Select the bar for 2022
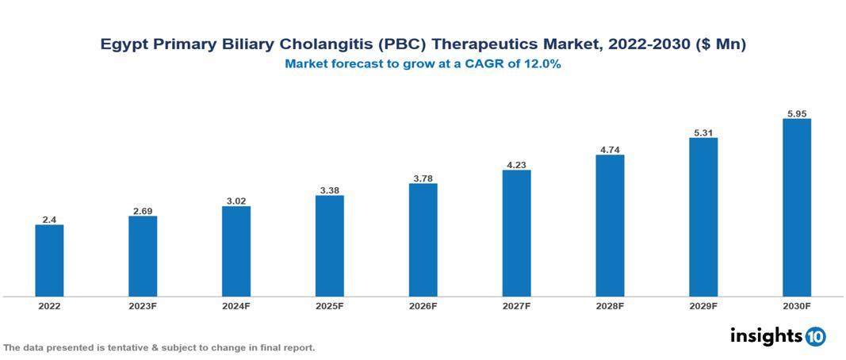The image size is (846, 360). coord(49,260)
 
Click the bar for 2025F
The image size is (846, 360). coord(329,246)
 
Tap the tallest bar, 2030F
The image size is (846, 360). coord(796,208)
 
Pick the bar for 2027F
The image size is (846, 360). coord(516,233)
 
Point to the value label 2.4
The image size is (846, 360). coord(49,219)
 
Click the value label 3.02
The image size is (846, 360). coord(236,201)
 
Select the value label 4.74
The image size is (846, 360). coord(610,148)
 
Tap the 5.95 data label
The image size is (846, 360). coord(796,113)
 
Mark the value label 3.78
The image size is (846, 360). coord(423,178)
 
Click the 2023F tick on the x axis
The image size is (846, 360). coord(143,305)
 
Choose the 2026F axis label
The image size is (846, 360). coord(423,305)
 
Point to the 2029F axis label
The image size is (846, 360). coord(703,305)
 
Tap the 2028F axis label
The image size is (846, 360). coord(610,305)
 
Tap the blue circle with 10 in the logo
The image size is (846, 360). coord(815,336)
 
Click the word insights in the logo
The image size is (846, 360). coord(766,335)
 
